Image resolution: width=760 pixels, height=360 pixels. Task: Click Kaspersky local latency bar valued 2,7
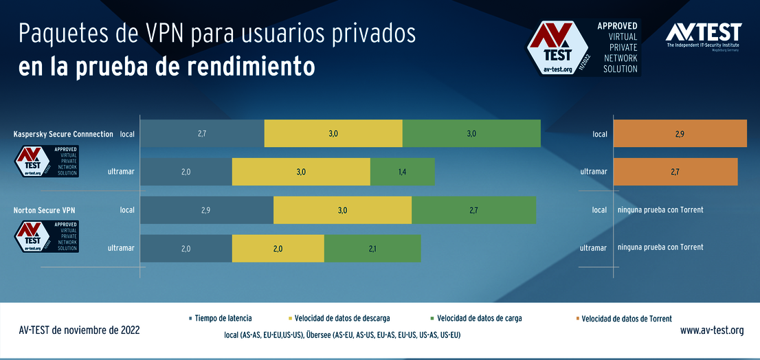click(202, 133)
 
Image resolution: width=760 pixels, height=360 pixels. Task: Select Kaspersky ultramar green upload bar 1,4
click(403, 172)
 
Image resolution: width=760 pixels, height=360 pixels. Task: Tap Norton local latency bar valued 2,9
click(206, 210)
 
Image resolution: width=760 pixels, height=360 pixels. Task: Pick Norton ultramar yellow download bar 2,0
click(278, 248)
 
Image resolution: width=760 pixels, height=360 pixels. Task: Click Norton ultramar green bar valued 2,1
click(372, 248)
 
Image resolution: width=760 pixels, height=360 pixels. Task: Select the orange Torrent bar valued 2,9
click(679, 133)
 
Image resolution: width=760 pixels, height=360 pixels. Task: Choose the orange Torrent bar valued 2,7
click(675, 172)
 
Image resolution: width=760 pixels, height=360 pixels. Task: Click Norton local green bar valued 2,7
click(473, 210)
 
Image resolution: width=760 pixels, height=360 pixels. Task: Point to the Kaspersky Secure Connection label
click(63, 134)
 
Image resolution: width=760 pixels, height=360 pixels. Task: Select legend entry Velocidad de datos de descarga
click(342, 318)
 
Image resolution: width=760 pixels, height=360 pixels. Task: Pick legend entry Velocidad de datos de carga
click(479, 318)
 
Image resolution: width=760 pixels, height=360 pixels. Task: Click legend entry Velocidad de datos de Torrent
click(626, 319)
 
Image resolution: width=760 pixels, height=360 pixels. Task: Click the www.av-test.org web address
click(711, 330)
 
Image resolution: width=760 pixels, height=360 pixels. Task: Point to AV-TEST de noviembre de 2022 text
click(80, 330)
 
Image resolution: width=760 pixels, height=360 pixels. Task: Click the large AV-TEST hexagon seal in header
click(557, 48)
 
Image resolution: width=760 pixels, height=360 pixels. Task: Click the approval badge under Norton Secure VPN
click(47, 236)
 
